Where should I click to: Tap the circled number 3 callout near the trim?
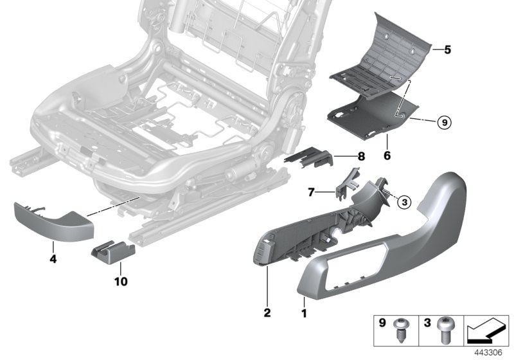[403, 202]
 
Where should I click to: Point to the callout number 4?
[53, 260]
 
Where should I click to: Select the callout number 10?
[120, 281]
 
